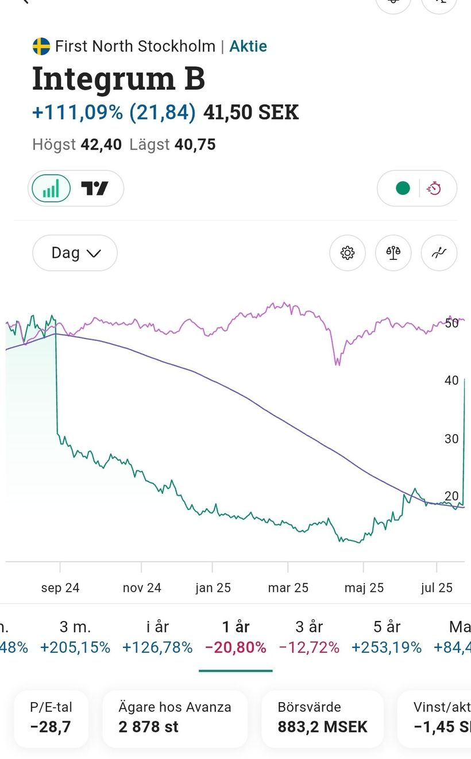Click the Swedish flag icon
coord(41,46)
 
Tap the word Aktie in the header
coord(248,46)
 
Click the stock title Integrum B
coord(118,78)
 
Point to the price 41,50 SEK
coord(251,112)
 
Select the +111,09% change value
coord(78,112)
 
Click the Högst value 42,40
coord(101,144)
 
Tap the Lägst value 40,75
coord(195,144)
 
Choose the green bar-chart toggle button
coord(51,188)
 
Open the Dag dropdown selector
coord(75,253)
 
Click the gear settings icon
coord(348,253)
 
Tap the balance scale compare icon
coord(393,253)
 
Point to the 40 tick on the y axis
coord(451,380)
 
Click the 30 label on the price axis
coord(451,439)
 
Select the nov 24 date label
coord(142,588)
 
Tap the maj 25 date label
coord(364,588)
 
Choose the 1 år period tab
coord(235,626)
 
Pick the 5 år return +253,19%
coord(387,647)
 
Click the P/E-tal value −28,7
coord(51,727)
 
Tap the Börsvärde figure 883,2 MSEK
coord(322,727)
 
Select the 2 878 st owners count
coord(149,727)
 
